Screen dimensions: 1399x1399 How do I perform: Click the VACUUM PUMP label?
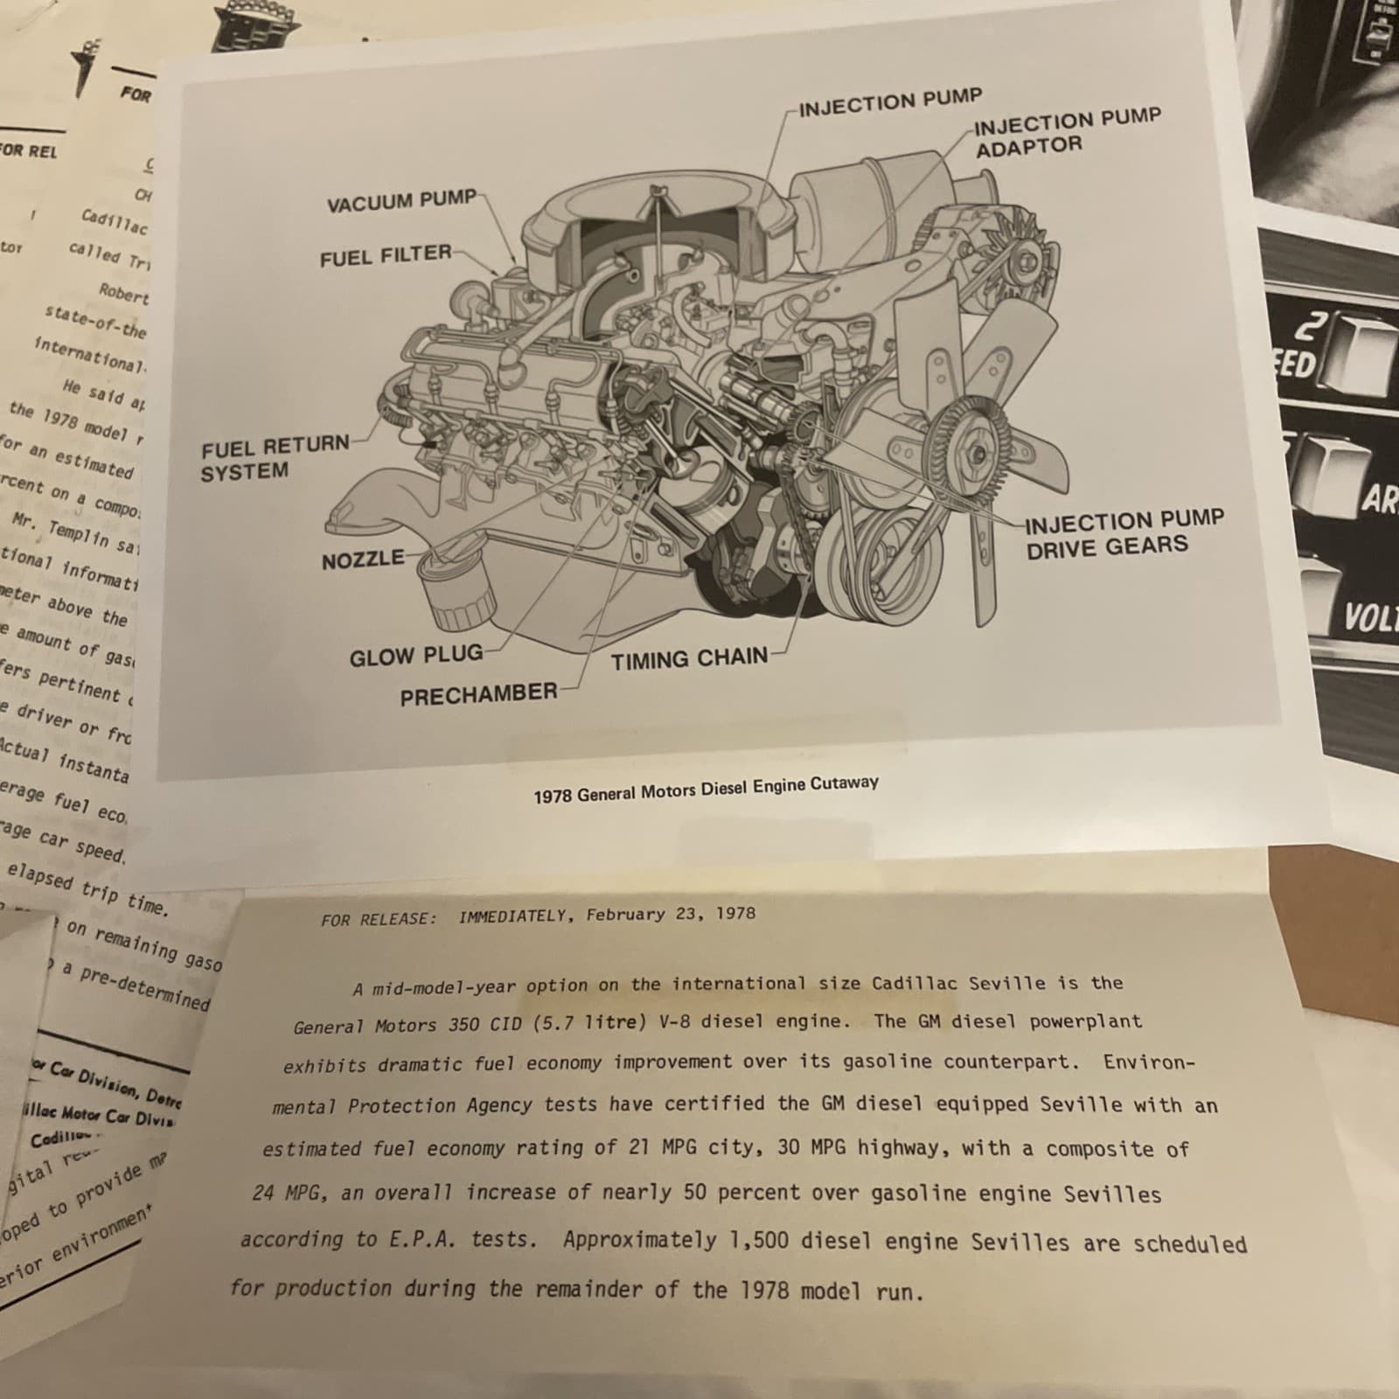401,201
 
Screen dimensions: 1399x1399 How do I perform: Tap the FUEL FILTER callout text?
385,256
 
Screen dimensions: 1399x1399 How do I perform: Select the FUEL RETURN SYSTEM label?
274,458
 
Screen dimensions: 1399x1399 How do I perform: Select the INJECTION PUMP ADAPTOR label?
1067,133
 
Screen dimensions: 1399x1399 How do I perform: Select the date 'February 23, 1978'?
670,914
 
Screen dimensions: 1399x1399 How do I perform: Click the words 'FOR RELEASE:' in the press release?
378,919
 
